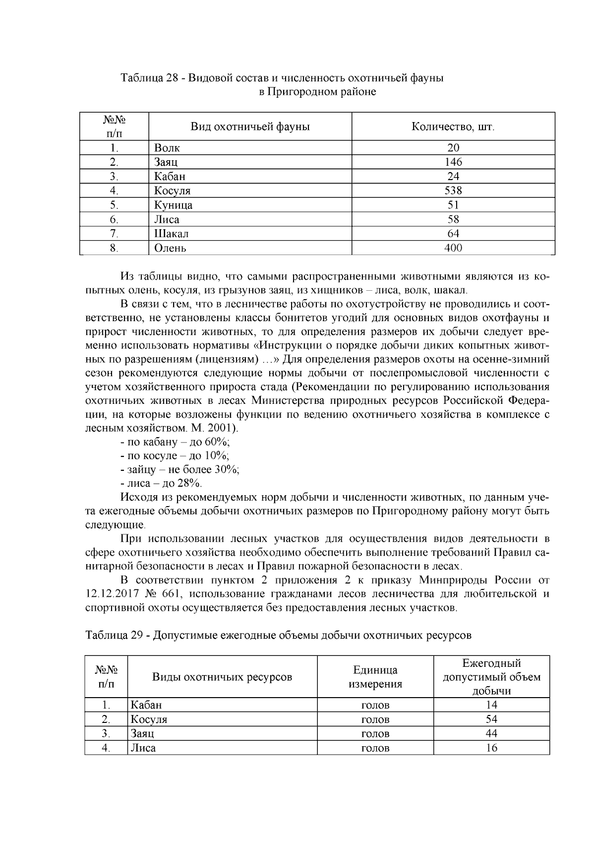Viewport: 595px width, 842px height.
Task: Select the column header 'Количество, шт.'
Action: (453, 127)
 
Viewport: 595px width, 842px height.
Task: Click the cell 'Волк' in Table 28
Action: (167, 148)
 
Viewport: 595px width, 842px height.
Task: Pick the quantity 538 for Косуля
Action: (453, 191)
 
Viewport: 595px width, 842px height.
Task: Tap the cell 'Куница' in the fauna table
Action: (173, 205)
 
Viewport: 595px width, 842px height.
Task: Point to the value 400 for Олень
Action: (453, 248)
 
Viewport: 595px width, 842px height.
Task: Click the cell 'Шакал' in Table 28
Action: (171, 233)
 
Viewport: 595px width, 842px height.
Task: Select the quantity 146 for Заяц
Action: (453, 162)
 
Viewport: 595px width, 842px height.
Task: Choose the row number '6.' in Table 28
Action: (114, 219)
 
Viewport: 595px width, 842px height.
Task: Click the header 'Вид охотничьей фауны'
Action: (250, 127)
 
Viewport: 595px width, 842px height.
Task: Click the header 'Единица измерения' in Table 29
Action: (375, 677)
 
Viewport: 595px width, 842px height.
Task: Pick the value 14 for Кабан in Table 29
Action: (491, 705)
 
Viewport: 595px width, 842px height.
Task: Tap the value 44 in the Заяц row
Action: (491, 733)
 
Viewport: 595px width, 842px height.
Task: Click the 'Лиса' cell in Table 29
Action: (143, 748)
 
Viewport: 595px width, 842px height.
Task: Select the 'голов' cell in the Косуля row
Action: (375, 719)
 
